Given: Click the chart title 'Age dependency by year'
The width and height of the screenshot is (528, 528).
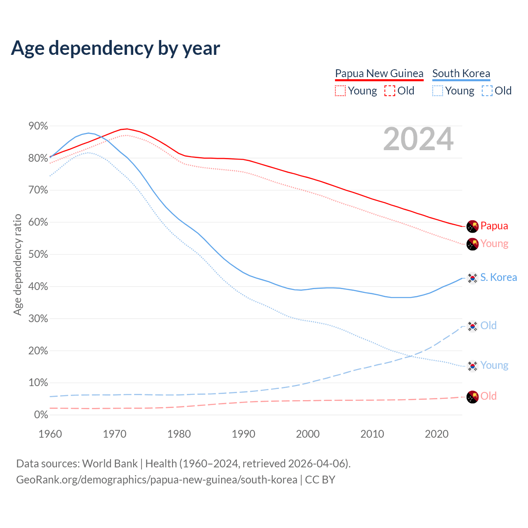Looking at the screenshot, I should coord(115,48).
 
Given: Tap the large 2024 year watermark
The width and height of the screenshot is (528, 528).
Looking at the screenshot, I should coord(418,139).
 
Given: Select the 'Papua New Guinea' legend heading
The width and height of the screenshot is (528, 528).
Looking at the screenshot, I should coord(379,73).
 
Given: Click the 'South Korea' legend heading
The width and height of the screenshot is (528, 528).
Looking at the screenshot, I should coord(461,73).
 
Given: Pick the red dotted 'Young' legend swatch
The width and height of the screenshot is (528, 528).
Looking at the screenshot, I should coord(340,91).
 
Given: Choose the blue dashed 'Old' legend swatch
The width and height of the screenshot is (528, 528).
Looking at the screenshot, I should coord(487,91).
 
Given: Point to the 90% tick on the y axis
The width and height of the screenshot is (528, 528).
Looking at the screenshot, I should coord(38,126).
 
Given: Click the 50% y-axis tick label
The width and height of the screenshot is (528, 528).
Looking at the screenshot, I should coord(38,254).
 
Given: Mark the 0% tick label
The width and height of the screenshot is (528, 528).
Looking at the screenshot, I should coord(41,415).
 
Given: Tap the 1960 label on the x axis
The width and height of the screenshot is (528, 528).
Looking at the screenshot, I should coord(50,434).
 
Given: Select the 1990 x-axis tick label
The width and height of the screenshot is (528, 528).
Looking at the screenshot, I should coord(243,434).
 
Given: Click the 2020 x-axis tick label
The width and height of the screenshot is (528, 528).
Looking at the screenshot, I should coord(436,434).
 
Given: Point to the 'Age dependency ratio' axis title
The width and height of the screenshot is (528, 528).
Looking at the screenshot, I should coord(17,264).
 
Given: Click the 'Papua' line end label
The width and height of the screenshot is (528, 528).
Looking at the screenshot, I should coord(494,226).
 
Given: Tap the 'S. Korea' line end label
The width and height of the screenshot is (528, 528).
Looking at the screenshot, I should coord(498,277).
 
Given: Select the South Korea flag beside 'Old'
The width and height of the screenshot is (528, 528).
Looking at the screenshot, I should coord(472,326).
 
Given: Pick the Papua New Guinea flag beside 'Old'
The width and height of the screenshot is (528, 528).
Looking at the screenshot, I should coord(472,397).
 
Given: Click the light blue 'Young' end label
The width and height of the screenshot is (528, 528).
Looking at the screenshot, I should coord(494,365).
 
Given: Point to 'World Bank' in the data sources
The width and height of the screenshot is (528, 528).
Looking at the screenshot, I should coord(110,464).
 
